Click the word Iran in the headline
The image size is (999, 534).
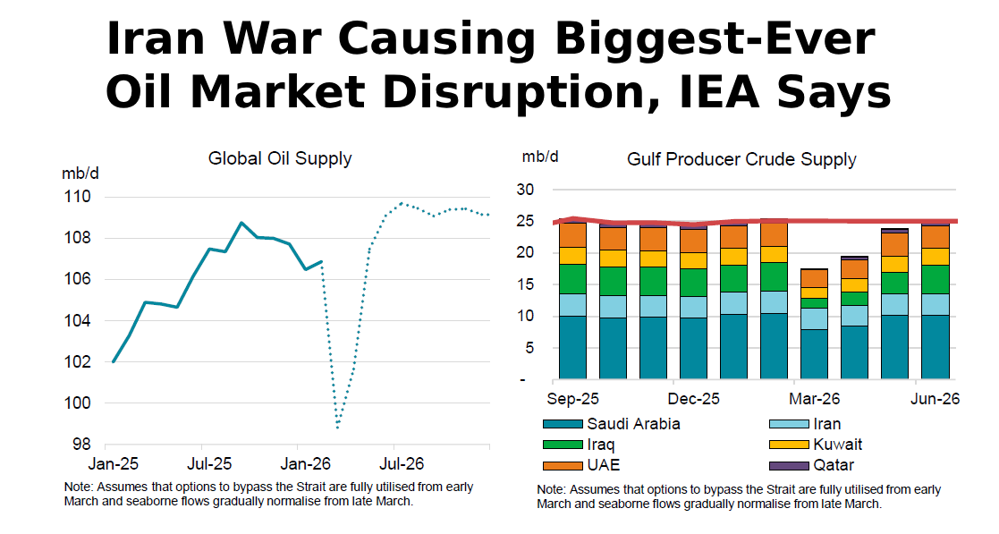[156, 38]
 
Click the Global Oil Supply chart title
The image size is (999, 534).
[280, 158]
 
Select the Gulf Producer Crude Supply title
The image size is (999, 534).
[741, 159]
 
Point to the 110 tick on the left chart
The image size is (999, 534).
[78, 197]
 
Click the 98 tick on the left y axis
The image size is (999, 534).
[81, 445]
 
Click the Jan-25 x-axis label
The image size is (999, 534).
[114, 463]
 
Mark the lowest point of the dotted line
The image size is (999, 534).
[338, 427]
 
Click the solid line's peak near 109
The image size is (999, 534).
[241, 223]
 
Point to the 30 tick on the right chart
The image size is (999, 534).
[525, 190]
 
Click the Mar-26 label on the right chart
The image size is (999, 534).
[814, 399]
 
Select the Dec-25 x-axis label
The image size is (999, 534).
[693, 399]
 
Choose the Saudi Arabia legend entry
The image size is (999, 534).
[611, 424]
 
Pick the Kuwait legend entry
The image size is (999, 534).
[816, 445]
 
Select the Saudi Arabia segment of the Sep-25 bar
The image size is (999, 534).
[572, 347]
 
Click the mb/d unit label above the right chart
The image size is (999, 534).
[540, 157]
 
